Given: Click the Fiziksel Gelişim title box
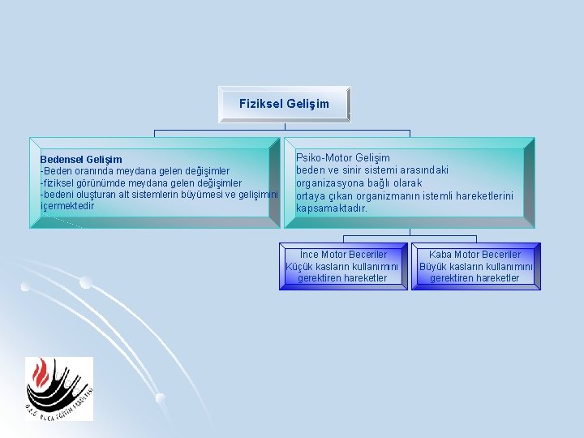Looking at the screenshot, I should [x=284, y=104].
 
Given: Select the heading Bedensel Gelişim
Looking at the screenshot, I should [x=81, y=160].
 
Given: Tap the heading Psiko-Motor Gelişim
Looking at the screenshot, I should [x=342, y=157].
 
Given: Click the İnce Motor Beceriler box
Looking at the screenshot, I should [x=343, y=266].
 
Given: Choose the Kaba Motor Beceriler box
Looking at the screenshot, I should [x=475, y=266].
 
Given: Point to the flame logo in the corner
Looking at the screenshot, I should [x=58, y=389].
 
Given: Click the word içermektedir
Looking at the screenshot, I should [x=67, y=206].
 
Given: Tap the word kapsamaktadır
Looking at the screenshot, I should [x=332, y=208].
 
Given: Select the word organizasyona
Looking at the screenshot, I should [x=332, y=182].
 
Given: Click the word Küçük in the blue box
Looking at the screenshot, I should [x=300, y=267].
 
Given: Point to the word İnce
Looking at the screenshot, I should [x=310, y=255].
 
